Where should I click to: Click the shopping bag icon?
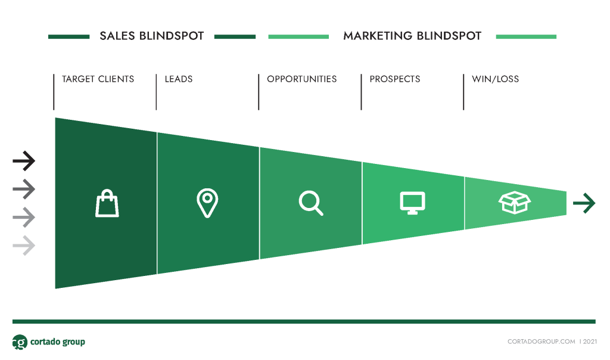point(107,203)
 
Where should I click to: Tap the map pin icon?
point(207,203)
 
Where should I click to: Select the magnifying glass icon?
point(311,203)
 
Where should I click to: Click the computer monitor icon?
point(412,203)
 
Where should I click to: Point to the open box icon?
point(515,203)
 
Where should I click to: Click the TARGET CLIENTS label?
point(98,79)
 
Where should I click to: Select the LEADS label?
point(179,79)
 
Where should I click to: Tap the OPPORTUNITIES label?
point(302,79)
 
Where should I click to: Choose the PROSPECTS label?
point(395,79)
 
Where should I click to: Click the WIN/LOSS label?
point(495,79)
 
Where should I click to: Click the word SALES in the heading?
point(117,36)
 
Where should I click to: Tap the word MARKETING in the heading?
point(378,36)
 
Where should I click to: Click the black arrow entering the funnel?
point(24,161)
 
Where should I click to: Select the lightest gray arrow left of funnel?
point(24,246)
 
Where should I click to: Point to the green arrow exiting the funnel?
point(584,203)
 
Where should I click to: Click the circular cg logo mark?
point(20,342)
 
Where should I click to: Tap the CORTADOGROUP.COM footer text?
point(541,342)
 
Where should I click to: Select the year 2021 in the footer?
point(590,342)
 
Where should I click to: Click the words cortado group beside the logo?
point(58,342)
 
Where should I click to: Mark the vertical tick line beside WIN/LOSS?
point(463,92)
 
